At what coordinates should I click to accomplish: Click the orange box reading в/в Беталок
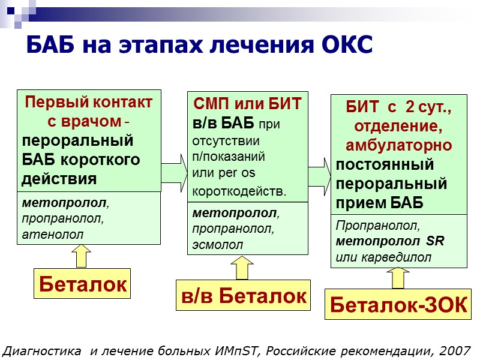(243, 295)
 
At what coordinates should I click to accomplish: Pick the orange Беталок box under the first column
(83, 284)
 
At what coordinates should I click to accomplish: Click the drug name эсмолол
(218, 244)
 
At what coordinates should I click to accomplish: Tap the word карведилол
(397, 257)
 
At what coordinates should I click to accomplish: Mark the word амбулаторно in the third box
(398, 146)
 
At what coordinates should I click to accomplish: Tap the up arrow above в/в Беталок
(242, 268)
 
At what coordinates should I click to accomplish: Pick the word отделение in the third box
(398, 127)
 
